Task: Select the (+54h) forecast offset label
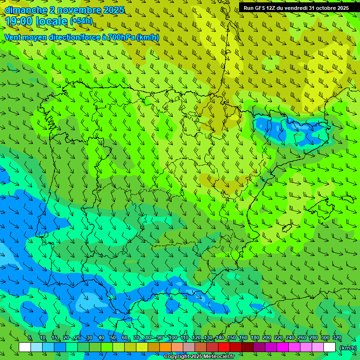coord(81,21)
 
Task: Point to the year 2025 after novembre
coord(113,10)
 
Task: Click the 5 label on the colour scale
coord(30,338)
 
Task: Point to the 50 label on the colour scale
coord(113,338)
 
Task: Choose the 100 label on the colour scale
coord(173,338)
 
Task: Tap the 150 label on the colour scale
coord(232,338)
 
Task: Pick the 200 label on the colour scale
coord(267,338)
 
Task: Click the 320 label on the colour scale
coord(337,338)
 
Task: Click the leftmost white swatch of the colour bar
coord(25,347)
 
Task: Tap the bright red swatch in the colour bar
coord(224,347)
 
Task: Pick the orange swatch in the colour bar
coord(165,347)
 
